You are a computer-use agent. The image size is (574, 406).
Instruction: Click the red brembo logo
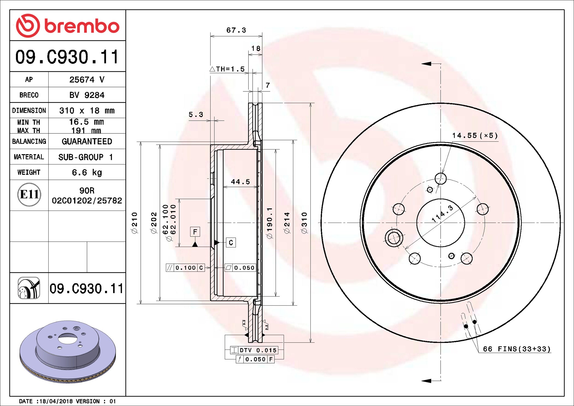[x=67, y=26]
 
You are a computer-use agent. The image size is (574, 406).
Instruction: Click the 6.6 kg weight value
[x=87, y=172]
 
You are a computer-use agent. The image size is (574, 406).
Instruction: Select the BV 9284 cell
[x=87, y=95]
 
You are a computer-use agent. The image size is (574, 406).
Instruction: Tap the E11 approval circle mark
[x=29, y=195]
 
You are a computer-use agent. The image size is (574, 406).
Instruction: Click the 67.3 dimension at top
[x=236, y=30]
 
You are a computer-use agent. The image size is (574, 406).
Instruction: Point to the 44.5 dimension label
[x=240, y=182]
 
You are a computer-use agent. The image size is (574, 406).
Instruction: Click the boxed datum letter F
[x=195, y=232]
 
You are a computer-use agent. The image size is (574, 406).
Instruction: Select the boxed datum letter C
[x=231, y=243]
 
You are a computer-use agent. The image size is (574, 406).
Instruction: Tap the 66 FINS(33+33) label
[x=517, y=349]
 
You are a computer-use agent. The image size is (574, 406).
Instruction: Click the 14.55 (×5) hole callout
[x=475, y=136]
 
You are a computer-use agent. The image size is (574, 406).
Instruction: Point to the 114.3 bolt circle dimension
[x=442, y=214]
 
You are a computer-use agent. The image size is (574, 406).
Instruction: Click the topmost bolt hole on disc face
[x=441, y=179]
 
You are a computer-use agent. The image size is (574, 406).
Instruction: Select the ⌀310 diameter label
[x=304, y=223]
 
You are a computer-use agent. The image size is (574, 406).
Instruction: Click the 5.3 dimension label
[x=196, y=115]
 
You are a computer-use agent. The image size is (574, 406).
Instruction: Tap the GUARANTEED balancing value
[x=87, y=141]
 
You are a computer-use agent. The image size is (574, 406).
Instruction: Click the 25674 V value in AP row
[x=87, y=80]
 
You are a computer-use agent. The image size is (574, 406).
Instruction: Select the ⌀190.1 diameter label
[x=270, y=223]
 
